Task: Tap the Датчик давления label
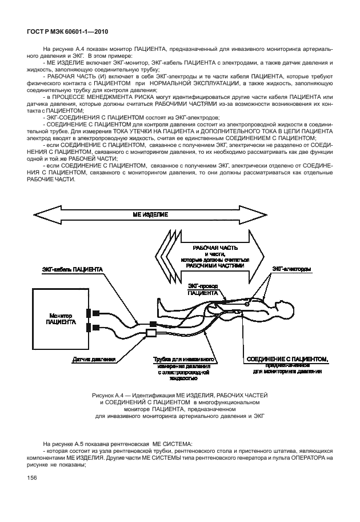[94, 360]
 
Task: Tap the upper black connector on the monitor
[91, 313]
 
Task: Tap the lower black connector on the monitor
[91, 328]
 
